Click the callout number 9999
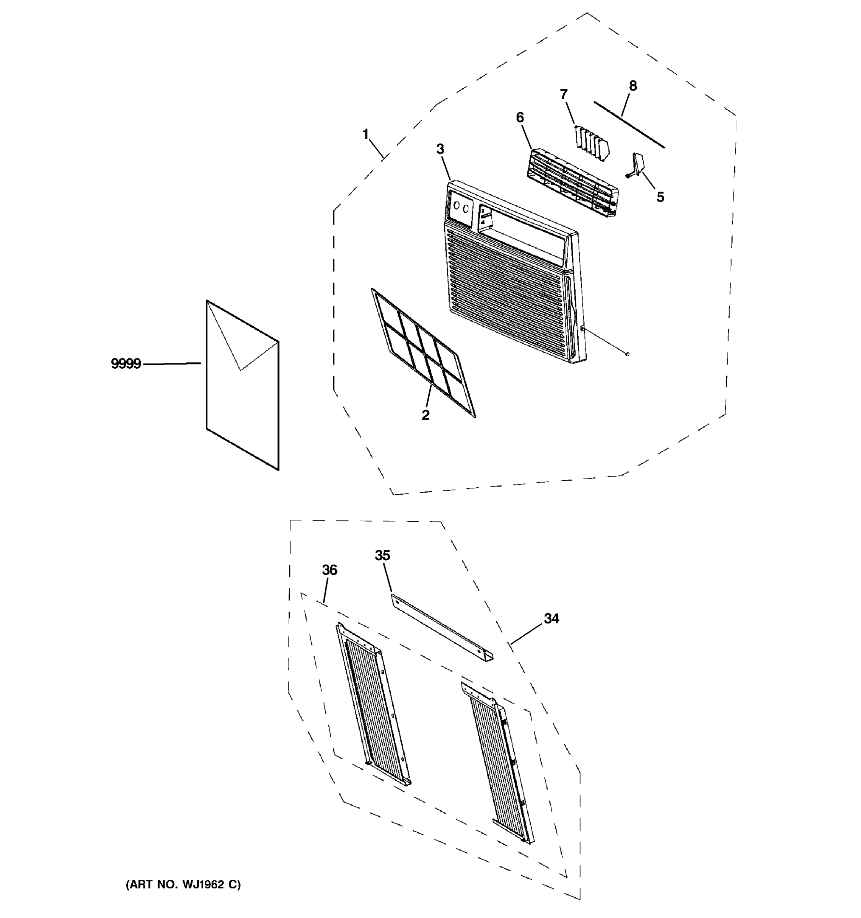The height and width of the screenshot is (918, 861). pos(126,364)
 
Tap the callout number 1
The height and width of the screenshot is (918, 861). pos(365,135)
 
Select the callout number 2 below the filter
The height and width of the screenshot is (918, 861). pos(426,415)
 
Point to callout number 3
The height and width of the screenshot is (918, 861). pos(440,149)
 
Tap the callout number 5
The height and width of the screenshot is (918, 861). pos(660,197)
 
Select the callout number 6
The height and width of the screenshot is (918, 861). pos(520,118)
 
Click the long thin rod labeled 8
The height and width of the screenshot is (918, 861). pos(629,125)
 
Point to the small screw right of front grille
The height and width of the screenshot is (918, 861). pos(627,354)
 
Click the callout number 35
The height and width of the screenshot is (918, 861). pos(382,555)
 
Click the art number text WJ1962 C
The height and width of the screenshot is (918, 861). pos(183,884)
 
